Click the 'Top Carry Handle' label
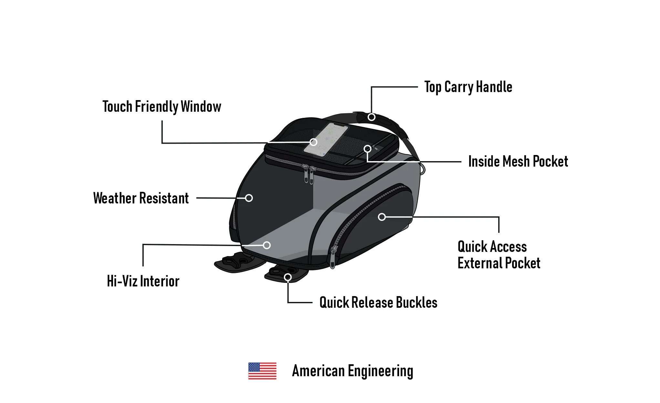(x=468, y=87)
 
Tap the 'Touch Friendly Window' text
(x=162, y=107)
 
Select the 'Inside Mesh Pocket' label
(x=518, y=161)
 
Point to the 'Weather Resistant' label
(x=141, y=198)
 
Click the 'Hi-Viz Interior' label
(x=143, y=281)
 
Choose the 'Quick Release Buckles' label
(x=378, y=303)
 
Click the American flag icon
(x=262, y=371)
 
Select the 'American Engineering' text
(x=352, y=371)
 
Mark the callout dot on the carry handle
(x=371, y=117)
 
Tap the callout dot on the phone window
(x=313, y=142)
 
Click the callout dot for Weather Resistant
(x=249, y=198)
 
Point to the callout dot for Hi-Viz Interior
(x=267, y=245)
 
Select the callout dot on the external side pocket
(x=382, y=217)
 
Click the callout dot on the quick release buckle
(x=288, y=277)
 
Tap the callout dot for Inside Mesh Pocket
(x=367, y=149)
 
